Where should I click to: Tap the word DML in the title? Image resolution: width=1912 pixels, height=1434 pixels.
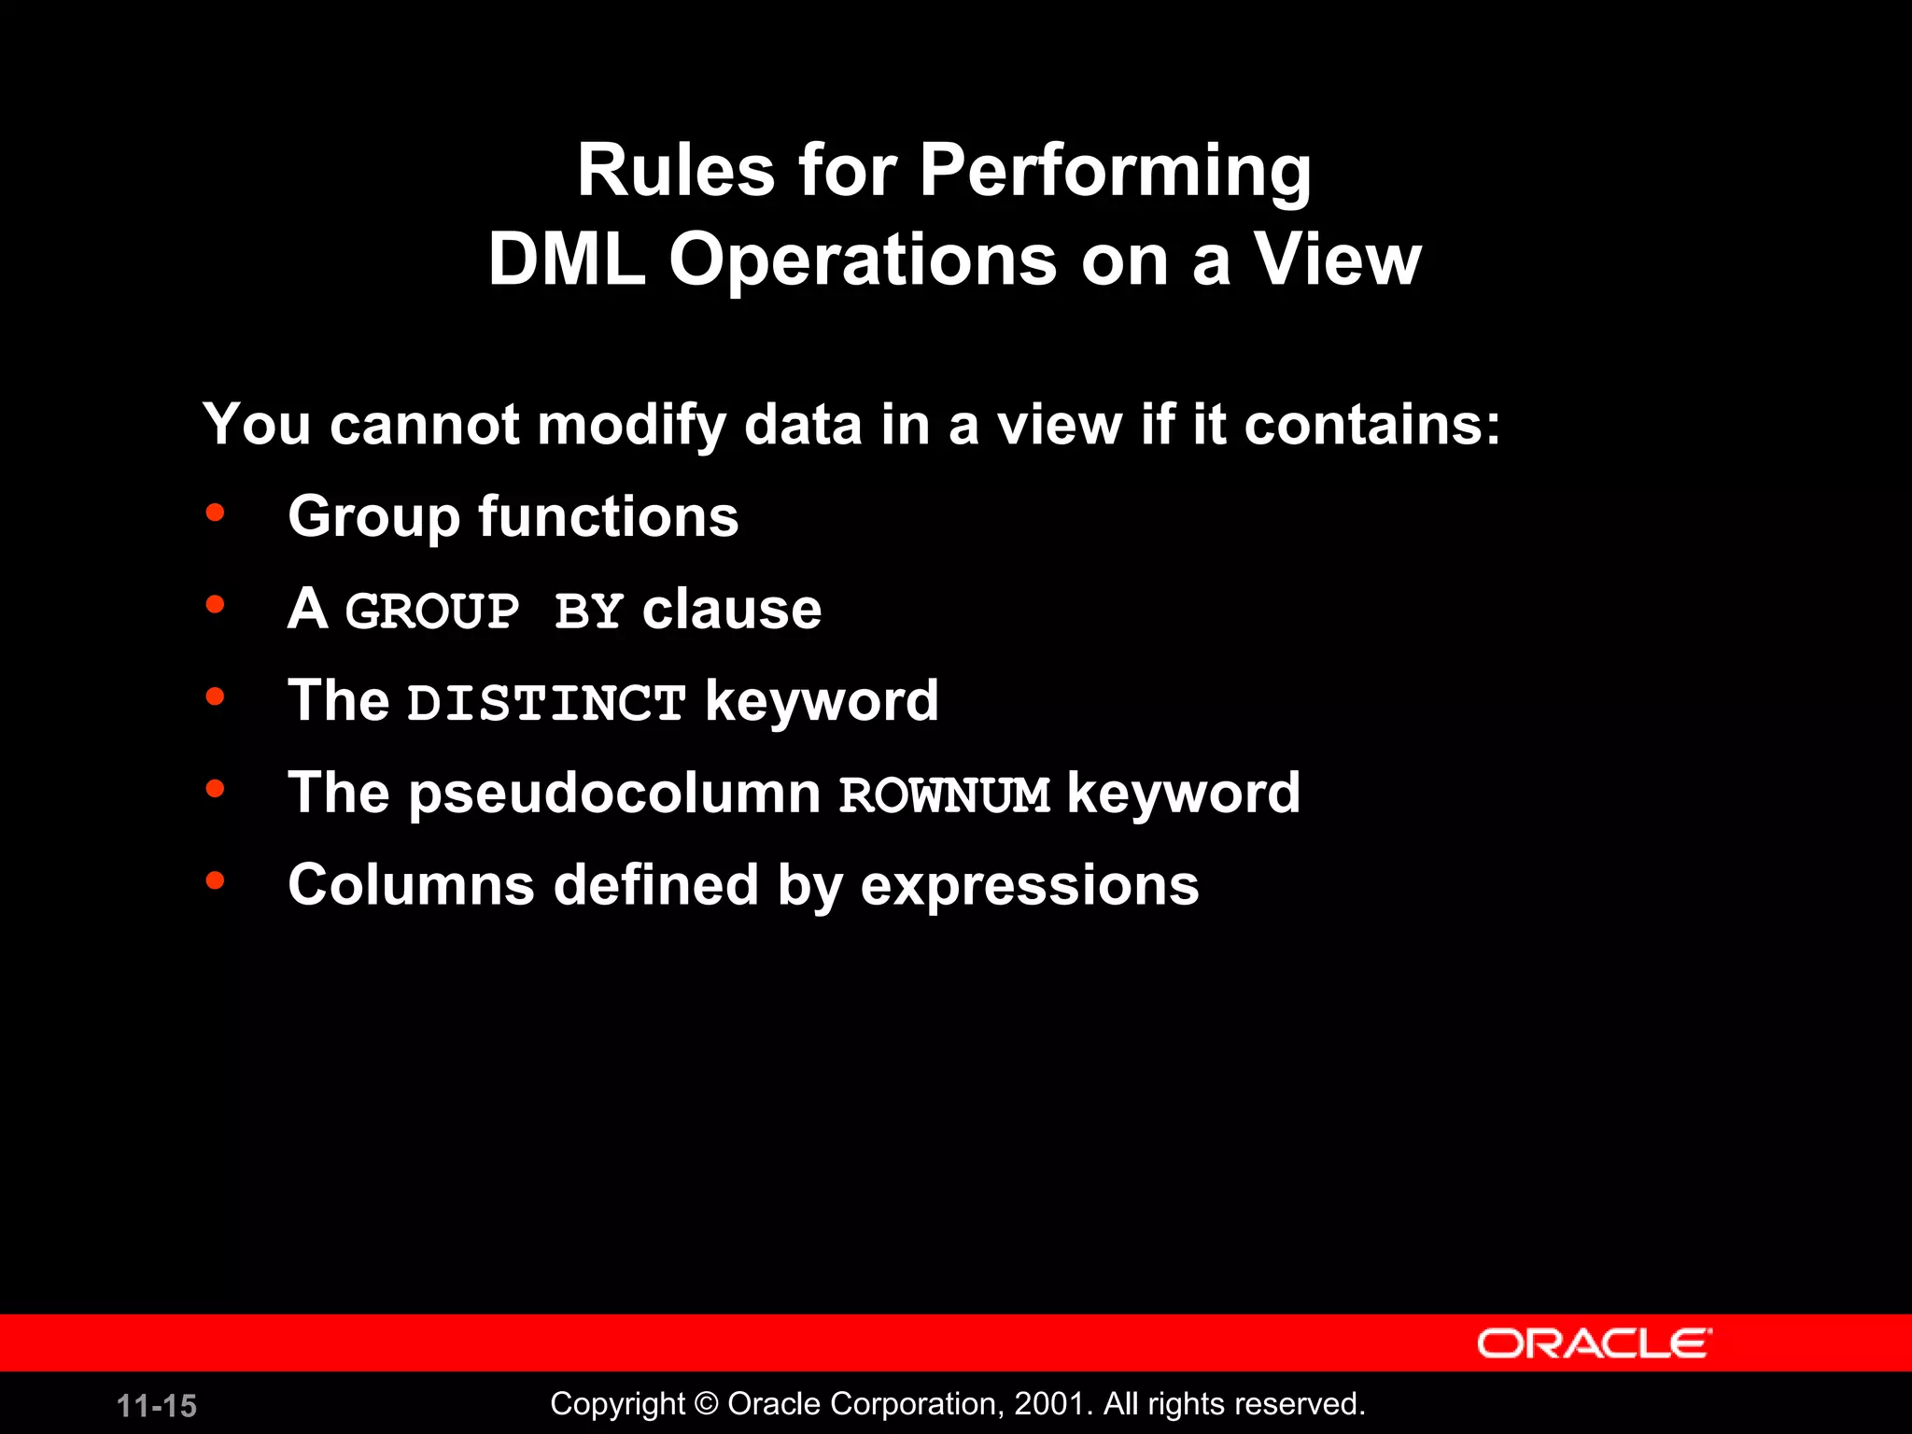[x=567, y=260]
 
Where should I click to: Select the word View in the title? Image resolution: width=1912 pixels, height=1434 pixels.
[x=1336, y=260]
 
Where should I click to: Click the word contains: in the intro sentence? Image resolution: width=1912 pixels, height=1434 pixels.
[x=1371, y=425]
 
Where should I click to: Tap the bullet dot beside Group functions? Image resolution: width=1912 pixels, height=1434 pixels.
[x=216, y=513]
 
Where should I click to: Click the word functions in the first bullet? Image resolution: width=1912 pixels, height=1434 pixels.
[x=608, y=516]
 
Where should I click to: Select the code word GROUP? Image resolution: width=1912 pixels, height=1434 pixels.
[x=432, y=612]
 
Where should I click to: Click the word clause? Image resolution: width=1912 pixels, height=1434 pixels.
[x=732, y=610]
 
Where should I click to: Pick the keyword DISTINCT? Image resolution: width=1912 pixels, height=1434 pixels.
[x=547, y=703]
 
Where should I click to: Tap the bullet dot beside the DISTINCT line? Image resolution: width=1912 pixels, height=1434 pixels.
[x=216, y=696]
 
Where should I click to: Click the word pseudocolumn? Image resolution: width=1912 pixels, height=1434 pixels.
[x=615, y=794]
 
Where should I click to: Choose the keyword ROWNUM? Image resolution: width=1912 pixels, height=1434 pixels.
[x=945, y=795]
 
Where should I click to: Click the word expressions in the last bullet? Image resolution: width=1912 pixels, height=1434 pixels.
[x=1029, y=886]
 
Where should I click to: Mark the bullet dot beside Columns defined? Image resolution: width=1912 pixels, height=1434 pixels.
[x=216, y=880]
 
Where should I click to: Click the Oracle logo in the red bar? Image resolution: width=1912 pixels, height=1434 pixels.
[x=1594, y=1343]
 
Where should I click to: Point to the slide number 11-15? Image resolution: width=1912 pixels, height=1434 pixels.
[x=157, y=1406]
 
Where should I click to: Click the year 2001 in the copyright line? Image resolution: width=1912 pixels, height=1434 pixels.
[x=1049, y=1404]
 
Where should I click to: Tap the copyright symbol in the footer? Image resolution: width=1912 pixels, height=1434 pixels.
[x=707, y=1404]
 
